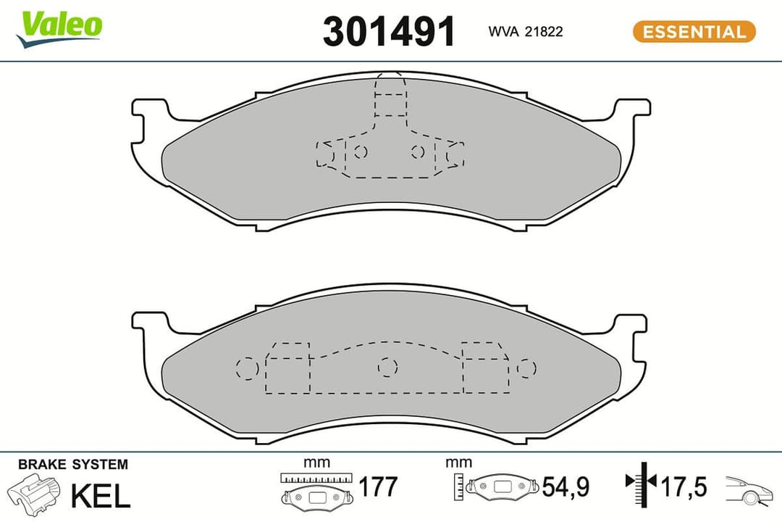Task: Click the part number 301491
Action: (389, 31)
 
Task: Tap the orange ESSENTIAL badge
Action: (694, 32)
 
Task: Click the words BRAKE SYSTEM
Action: (72, 464)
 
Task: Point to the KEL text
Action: (100, 495)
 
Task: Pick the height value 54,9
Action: (567, 487)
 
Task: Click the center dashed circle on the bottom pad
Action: (388, 368)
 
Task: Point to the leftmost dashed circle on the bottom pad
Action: (248, 368)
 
